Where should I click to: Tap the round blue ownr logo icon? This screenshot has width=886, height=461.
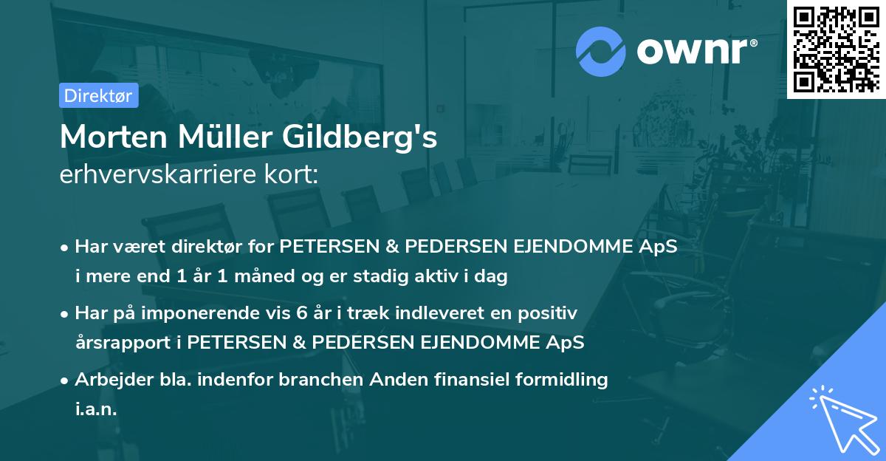[x=600, y=51]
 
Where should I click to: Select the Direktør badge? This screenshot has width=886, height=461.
[x=98, y=95]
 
